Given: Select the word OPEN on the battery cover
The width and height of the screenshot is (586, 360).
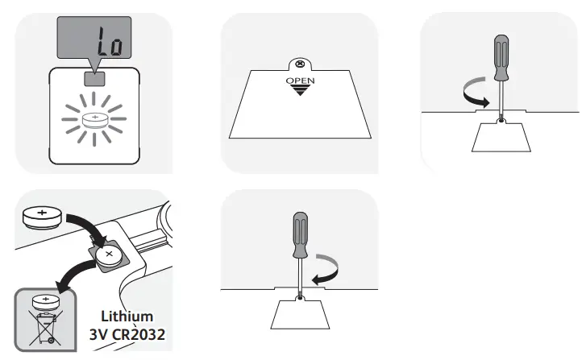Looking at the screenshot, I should [x=301, y=81].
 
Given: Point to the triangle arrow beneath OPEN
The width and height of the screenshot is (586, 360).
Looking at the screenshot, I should [x=301, y=92].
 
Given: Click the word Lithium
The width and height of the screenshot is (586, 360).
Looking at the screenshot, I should [x=128, y=317].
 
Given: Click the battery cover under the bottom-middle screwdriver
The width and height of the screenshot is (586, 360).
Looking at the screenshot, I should [x=300, y=312].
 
